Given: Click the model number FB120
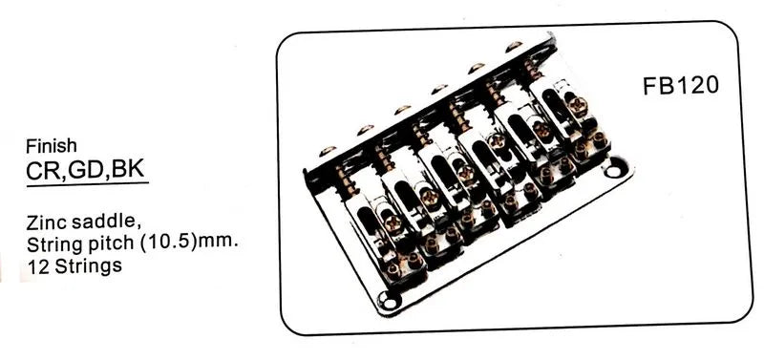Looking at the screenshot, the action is [681, 86].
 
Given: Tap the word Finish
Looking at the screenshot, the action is [52, 146].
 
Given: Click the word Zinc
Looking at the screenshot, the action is [47, 222].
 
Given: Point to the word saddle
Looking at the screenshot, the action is [105, 222].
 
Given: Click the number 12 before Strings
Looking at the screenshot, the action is [38, 266].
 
